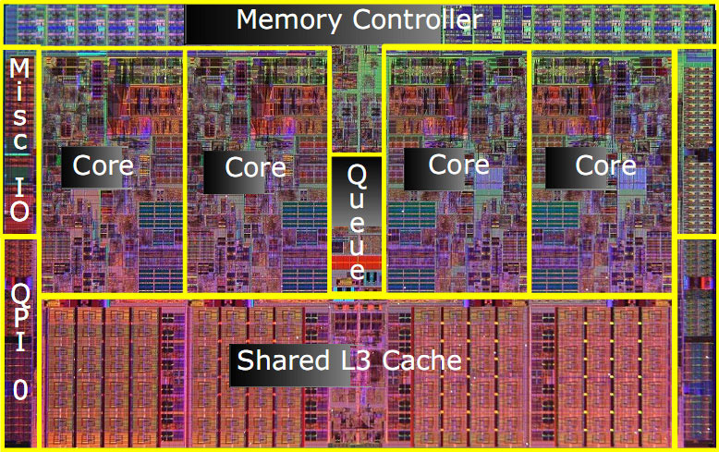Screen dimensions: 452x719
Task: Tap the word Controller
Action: coord(404,18)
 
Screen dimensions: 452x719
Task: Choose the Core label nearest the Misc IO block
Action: coord(104,166)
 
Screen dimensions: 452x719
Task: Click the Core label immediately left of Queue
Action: coord(256,167)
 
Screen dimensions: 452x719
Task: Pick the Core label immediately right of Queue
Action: coord(458,165)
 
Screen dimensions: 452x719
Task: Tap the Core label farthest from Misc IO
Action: coord(606,165)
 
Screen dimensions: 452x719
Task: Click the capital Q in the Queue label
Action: coord(357,174)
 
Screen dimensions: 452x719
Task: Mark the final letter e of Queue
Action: coord(357,272)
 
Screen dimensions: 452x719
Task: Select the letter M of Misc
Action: coord(19,68)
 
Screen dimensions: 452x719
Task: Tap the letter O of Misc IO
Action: coord(19,211)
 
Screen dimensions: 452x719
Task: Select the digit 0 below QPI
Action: coord(19,389)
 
